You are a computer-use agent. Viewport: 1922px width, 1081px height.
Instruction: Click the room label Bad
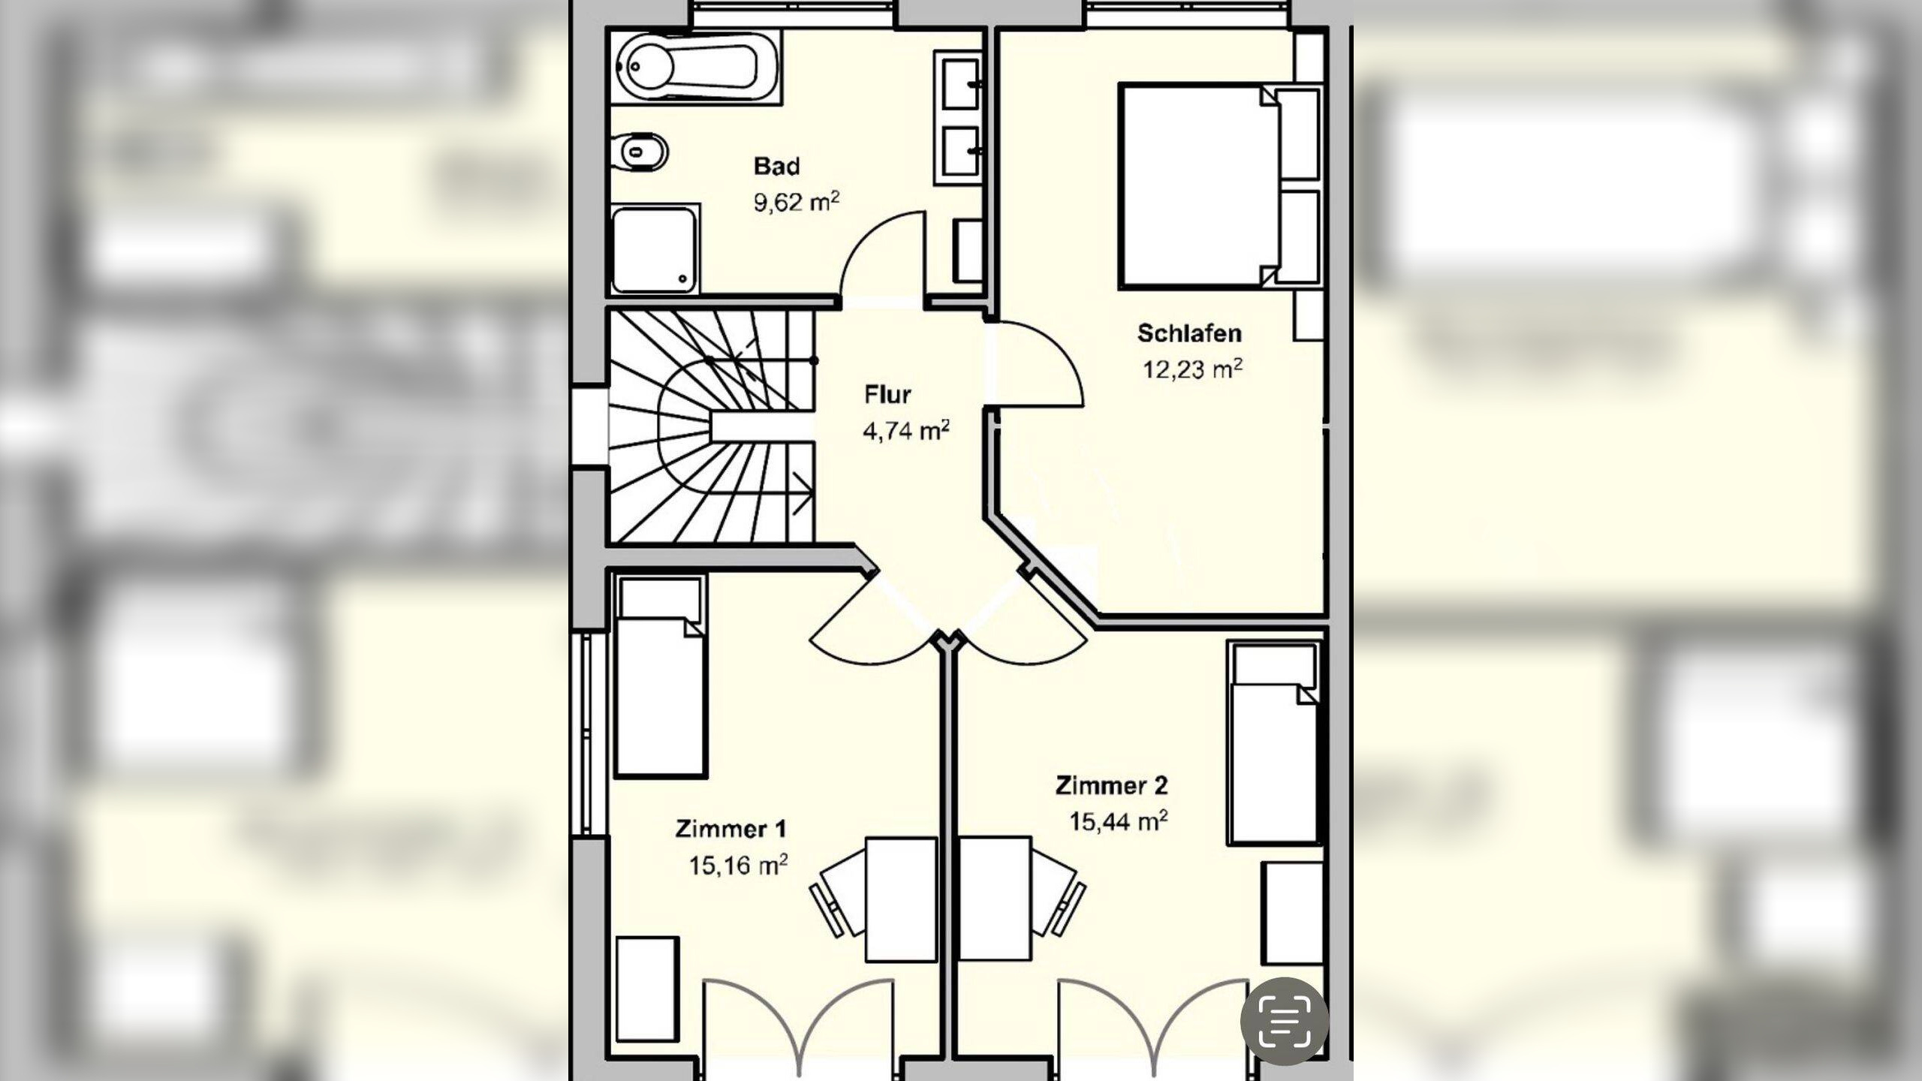[x=777, y=166]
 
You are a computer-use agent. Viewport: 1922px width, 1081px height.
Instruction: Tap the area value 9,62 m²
[x=797, y=202]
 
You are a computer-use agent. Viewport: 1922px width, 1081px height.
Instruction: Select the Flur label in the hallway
[x=887, y=394]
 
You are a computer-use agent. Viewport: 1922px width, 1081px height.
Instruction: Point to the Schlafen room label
[x=1189, y=333]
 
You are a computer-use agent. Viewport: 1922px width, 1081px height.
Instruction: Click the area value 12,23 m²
[x=1192, y=369]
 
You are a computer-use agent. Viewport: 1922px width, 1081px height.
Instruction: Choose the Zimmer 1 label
[x=731, y=829]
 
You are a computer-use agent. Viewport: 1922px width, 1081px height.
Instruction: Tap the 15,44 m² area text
[x=1119, y=821]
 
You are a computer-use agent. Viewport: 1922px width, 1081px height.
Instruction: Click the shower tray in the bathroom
[x=655, y=250]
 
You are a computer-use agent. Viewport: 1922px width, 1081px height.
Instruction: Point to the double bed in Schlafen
[x=1199, y=185]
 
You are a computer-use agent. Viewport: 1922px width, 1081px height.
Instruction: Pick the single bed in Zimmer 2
[x=1274, y=743]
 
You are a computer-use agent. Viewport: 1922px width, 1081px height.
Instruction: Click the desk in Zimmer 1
[x=902, y=899]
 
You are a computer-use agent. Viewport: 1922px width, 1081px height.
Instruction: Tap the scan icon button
[x=1285, y=1021]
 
